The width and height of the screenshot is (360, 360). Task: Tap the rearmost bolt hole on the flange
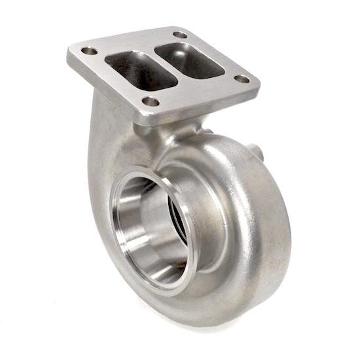point(181,35)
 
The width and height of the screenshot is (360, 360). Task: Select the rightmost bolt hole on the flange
point(242,79)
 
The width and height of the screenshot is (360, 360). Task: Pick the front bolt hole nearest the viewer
point(151,101)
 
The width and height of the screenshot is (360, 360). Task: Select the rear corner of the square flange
point(177,27)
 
